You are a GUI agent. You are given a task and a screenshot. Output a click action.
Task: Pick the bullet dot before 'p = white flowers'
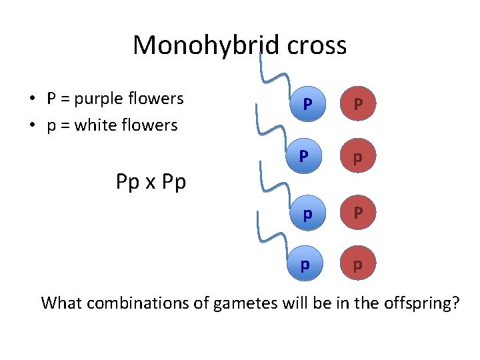(32, 126)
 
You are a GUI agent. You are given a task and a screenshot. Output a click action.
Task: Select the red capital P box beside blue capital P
(359, 104)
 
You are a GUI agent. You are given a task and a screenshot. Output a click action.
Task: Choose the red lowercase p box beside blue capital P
(359, 157)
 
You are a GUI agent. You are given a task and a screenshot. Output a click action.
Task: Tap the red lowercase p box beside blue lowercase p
(359, 265)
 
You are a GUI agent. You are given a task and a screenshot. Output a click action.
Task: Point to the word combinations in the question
(149, 303)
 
